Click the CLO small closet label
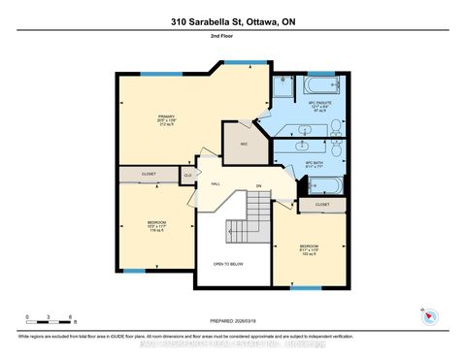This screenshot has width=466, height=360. tap(187, 175)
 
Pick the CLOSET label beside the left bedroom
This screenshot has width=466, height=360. tap(149, 175)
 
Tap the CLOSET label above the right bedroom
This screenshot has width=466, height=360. tap(321, 206)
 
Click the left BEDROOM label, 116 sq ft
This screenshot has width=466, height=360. tap(156, 227)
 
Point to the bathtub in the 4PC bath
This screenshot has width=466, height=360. tap(326, 184)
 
